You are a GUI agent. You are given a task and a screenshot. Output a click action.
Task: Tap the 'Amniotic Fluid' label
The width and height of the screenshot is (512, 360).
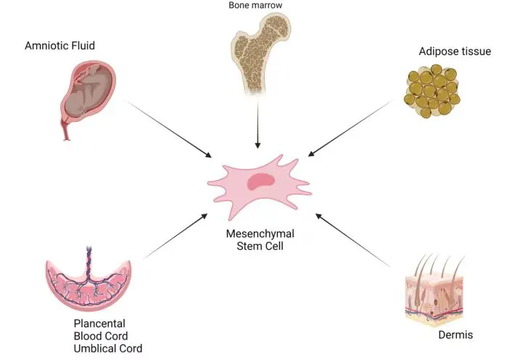pyautogui.click(x=60, y=46)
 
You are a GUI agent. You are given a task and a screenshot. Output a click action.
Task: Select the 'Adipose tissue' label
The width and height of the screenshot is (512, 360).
pyautogui.click(x=455, y=52)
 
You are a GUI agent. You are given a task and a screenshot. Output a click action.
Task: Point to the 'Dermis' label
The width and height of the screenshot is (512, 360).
pyautogui.click(x=455, y=336)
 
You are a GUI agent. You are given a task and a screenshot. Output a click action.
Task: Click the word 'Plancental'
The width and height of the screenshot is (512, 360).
pyautogui.click(x=99, y=303)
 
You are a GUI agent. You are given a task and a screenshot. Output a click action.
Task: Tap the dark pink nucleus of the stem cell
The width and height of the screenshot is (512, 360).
pyautogui.click(x=257, y=181)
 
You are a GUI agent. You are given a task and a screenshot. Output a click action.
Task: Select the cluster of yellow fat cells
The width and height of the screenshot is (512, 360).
pyautogui.click(x=432, y=91)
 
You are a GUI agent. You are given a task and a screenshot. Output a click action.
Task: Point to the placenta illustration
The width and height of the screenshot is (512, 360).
pyautogui.click(x=91, y=279)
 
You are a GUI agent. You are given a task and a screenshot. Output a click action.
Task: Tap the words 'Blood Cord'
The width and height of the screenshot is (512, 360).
pyautogui.click(x=101, y=316)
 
